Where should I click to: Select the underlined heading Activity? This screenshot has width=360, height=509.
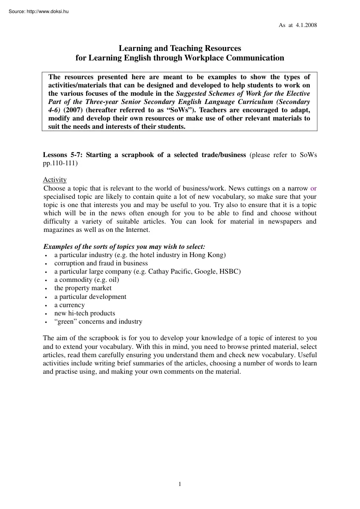[x=54, y=180]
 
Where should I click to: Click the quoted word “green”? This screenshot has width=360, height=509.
[x=66, y=321]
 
